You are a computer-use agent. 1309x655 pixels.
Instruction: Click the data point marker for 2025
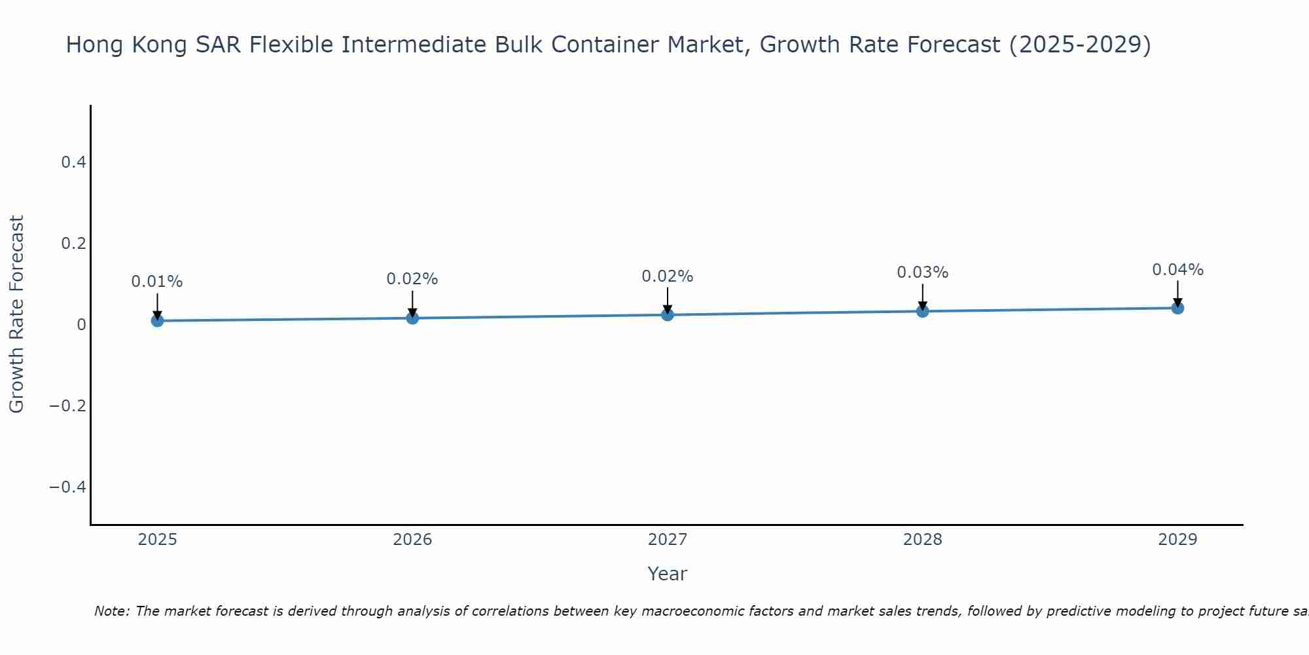pyautogui.click(x=157, y=320)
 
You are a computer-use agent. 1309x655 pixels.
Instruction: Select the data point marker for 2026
pyautogui.click(x=412, y=318)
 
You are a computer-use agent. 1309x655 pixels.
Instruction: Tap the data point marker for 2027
pyautogui.click(x=668, y=314)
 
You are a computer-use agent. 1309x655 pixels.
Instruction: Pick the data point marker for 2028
pyautogui.click(x=922, y=311)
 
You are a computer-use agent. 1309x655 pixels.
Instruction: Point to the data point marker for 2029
pyautogui.click(x=1177, y=308)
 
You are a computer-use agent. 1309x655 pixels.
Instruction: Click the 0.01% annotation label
pyautogui.click(x=157, y=282)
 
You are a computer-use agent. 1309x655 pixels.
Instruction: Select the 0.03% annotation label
pyautogui.click(x=922, y=272)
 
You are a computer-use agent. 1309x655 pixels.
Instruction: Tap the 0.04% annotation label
pyautogui.click(x=1177, y=270)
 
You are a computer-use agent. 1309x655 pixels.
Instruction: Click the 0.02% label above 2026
pyautogui.click(x=412, y=279)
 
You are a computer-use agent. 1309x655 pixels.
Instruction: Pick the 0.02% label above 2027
pyautogui.click(x=668, y=276)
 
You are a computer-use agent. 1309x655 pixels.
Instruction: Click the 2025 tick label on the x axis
pyautogui.click(x=157, y=540)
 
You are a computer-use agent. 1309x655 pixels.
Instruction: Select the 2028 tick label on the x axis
pyautogui.click(x=922, y=540)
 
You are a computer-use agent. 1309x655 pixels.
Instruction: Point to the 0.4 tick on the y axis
pyautogui.click(x=74, y=162)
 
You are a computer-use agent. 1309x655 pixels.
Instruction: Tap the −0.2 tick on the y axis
pyautogui.click(x=68, y=406)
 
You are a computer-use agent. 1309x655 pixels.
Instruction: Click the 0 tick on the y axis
pyautogui.click(x=81, y=325)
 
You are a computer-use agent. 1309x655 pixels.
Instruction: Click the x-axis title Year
pyautogui.click(x=667, y=574)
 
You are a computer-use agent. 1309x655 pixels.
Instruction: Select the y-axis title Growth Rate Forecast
pyautogui.click(x=16, y=314)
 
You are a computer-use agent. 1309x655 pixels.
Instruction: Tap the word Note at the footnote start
pyautogui.click(x=112, y=611)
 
